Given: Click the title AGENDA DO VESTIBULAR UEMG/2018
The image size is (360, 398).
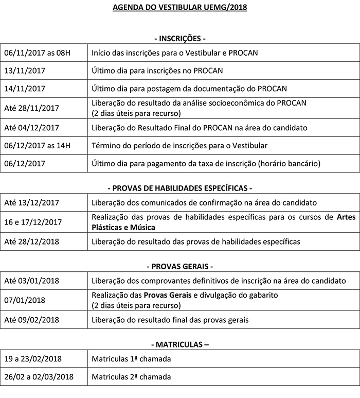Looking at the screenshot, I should pos(179,8).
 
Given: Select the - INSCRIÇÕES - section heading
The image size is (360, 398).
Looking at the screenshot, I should pos(179,38).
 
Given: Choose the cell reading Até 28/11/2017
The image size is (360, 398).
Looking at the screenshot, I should pos(31,108).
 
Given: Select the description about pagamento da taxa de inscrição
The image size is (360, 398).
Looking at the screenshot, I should pos(206,164).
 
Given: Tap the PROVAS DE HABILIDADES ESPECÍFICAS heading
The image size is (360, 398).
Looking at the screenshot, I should pos(179,188).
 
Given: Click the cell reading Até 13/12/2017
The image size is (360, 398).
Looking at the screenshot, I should pos(31,203).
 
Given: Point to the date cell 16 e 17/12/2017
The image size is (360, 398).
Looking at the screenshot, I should pos(33,222).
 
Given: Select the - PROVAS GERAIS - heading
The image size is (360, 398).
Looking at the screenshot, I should pos(179,266).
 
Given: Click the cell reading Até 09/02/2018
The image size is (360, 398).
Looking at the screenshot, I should pos(31,320).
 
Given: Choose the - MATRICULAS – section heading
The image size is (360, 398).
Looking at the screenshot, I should pos(179,344).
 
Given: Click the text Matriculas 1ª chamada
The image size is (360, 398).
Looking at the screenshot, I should pos(131,358).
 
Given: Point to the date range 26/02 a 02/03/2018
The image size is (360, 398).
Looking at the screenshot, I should pos(39,377).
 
